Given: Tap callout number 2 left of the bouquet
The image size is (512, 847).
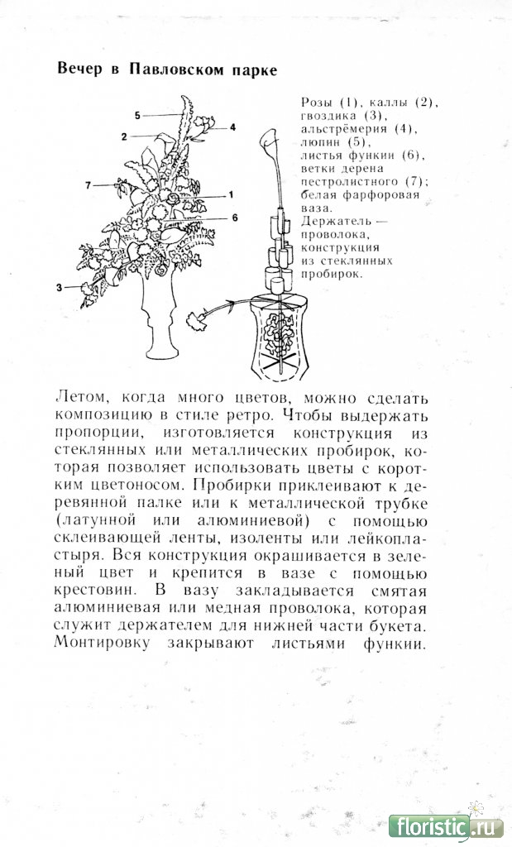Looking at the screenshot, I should pos(123,136).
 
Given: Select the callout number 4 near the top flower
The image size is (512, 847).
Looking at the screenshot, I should pos(233,127).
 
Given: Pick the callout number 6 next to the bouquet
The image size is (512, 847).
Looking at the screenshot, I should pos(235,218).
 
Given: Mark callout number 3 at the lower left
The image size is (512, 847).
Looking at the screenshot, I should pos(60,287).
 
